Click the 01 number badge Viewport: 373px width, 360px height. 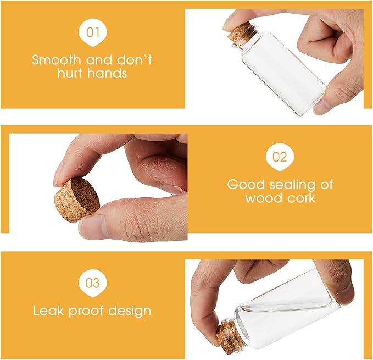tap(93, 32)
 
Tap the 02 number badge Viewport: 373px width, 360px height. tap(280, 157)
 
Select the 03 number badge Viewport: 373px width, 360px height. tap(93, 283)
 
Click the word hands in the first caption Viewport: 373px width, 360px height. tap(107, 73)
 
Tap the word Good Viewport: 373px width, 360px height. tap(246, 185)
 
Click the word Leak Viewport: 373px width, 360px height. tap(49, 311)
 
